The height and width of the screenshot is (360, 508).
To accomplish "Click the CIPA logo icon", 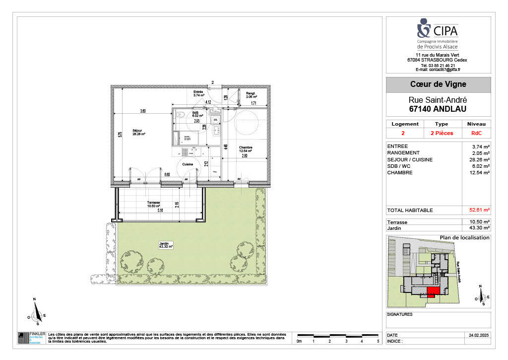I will coord(424,27).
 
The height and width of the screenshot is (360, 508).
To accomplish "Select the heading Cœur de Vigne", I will coord(438,85).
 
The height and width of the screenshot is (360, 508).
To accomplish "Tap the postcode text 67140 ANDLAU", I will coord(438,109).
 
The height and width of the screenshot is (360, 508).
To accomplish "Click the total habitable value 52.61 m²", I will coord(479,210).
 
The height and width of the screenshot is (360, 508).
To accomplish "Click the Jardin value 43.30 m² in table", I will coord(480,228).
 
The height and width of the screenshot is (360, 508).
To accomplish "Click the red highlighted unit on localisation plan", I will coord(432,292).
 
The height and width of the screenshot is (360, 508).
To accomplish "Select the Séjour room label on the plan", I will coord(137,132).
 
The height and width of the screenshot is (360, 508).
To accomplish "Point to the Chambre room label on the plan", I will coord(246,148).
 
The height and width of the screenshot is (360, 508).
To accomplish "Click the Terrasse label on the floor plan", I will coord(153,204).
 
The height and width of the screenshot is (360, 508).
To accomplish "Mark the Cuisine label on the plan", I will coord(188,164).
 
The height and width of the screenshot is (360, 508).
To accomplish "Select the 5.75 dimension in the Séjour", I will coord(120,135).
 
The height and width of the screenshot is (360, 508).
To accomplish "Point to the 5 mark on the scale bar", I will coord(378,342).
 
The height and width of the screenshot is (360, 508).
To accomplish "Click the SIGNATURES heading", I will coord(399,314).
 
